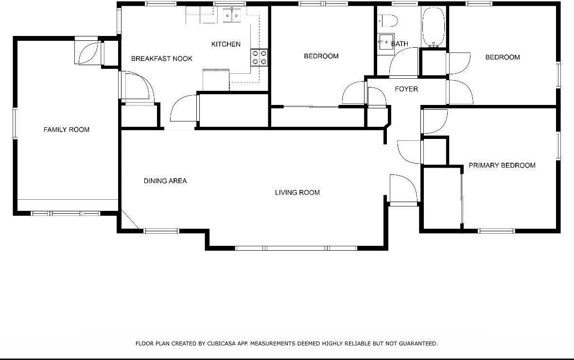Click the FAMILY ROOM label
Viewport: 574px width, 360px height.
[x=67, y=130]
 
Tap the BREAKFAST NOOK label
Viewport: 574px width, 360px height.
[x=161, y=59]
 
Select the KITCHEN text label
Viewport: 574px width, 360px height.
[x=226, y=44]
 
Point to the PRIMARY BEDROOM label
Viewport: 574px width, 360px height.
[x=502, y=166]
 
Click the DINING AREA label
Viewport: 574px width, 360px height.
[x=165, y=181]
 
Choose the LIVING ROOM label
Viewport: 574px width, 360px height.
[x=297, y=193]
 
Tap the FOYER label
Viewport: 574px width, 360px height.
[x=406, y=89]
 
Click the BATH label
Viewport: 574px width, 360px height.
[x=400, y=44]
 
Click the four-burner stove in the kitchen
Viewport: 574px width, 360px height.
[x=259, y=58]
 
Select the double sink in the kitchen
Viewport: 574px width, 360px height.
[x=232, y=16]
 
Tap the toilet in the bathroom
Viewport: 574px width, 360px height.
[x=389, y=20]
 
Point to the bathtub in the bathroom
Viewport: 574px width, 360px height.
[x=434, y=27]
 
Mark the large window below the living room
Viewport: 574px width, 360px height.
[x=296, y=248]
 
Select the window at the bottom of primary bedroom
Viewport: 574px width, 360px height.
[x=496, y=231]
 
